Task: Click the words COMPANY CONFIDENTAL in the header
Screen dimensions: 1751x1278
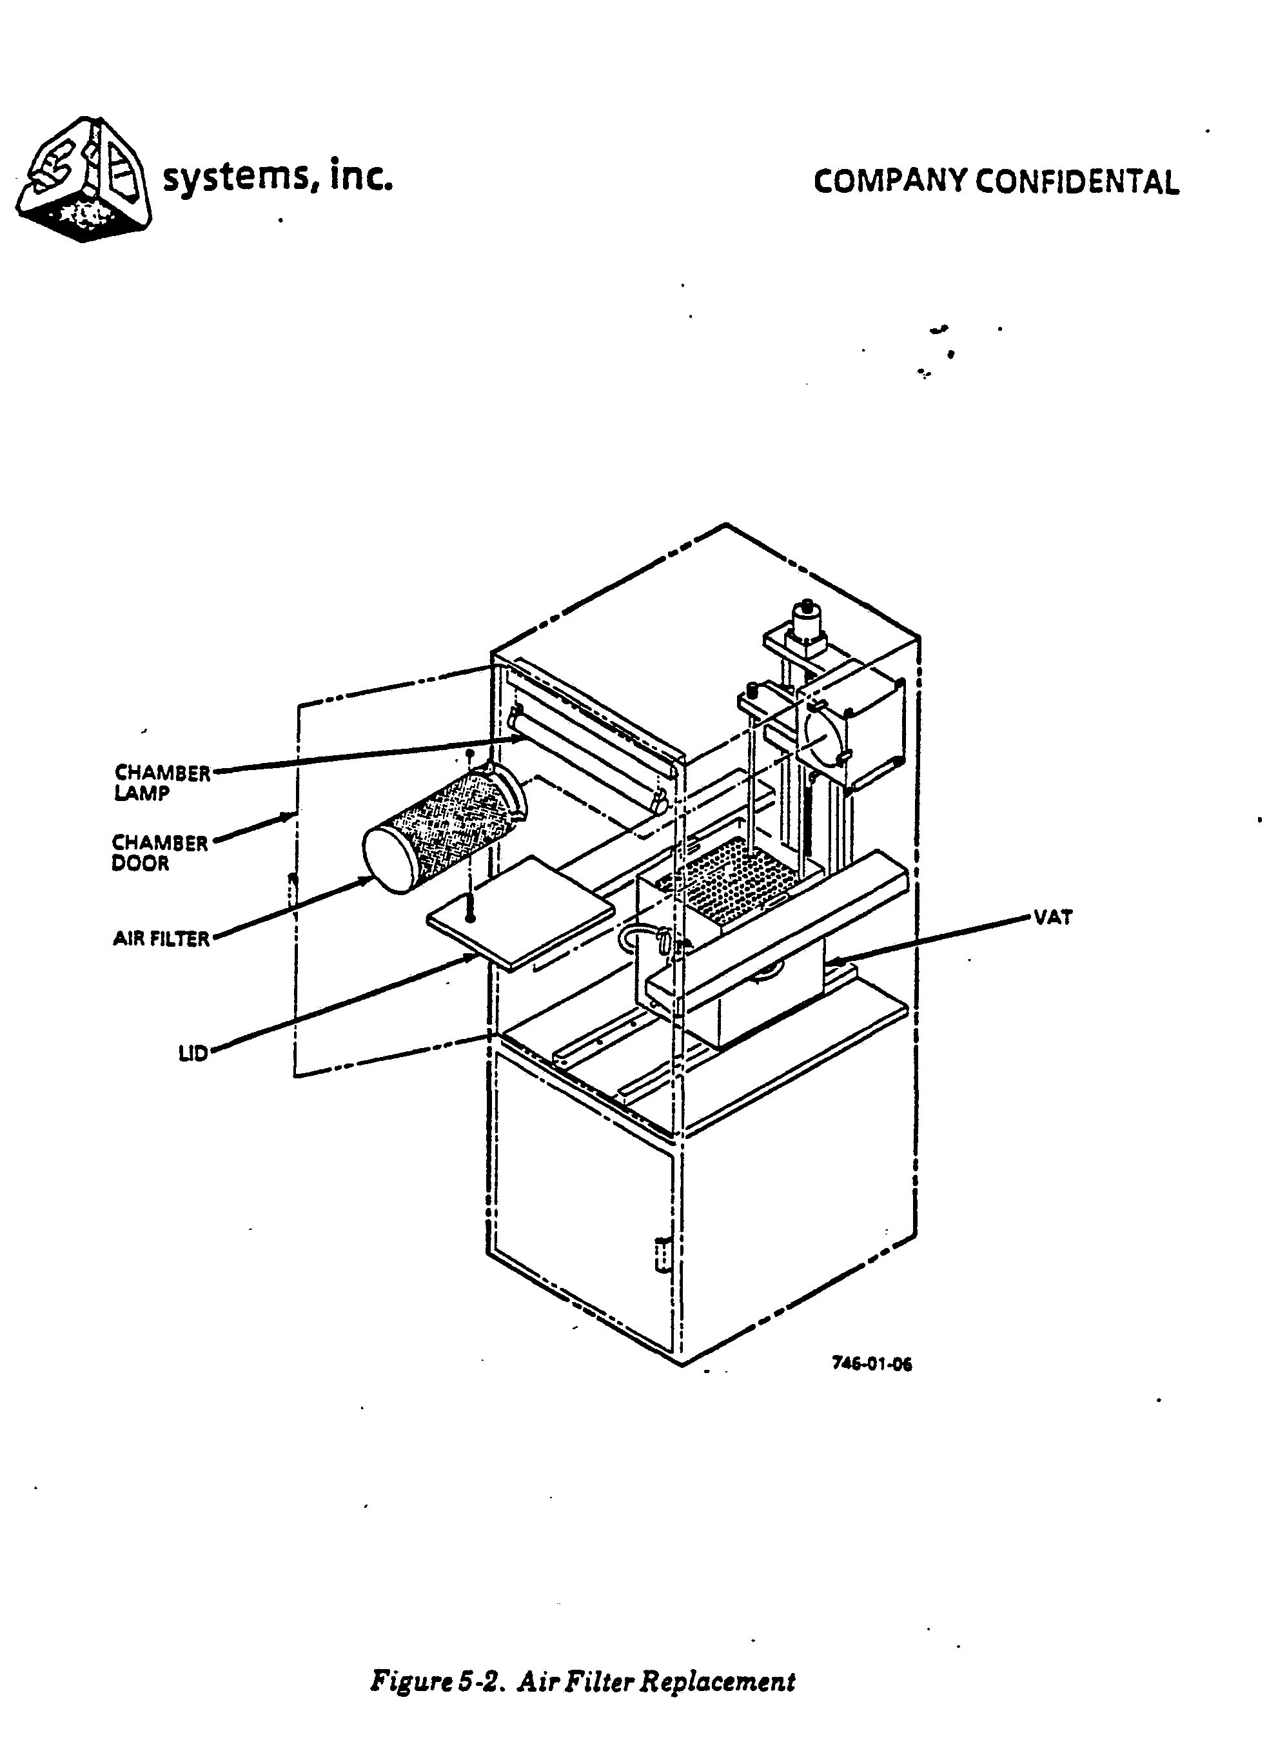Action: [x=996, y=182]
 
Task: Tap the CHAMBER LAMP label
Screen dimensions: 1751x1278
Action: [x=162, y=782]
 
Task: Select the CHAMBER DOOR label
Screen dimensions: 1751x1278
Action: [x=159, y=852]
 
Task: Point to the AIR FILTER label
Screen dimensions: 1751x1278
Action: [x=161, y=938]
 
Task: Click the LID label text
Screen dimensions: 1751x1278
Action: [x=193, y=1053]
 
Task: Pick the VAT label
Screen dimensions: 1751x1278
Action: [x=1053, y=918]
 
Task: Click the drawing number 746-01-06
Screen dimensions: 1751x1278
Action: [x=871, y=1364]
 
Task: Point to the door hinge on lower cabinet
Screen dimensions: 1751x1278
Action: [x=660, y=1255]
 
